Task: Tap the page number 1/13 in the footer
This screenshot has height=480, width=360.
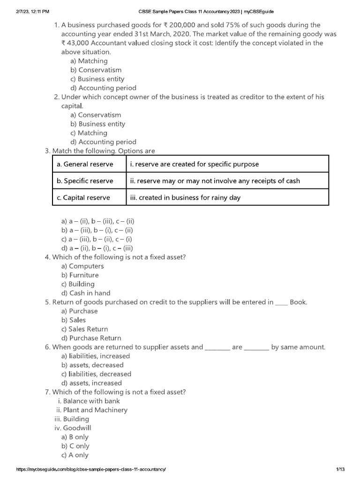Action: click(340, 469)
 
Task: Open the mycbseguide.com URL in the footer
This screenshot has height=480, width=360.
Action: click(91, 469)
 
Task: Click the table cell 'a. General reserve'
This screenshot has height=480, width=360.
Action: click(85, 164)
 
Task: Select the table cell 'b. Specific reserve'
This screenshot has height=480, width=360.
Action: click(85, 181)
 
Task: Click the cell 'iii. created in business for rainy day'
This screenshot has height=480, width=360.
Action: click(185, 197)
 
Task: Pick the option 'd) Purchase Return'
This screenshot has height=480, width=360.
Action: click(91, 338)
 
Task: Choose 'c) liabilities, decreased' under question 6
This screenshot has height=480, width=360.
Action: click(96, 374)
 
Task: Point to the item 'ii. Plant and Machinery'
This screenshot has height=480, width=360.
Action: click(91, 410)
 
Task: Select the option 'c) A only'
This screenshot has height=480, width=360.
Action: click(75, 455)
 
